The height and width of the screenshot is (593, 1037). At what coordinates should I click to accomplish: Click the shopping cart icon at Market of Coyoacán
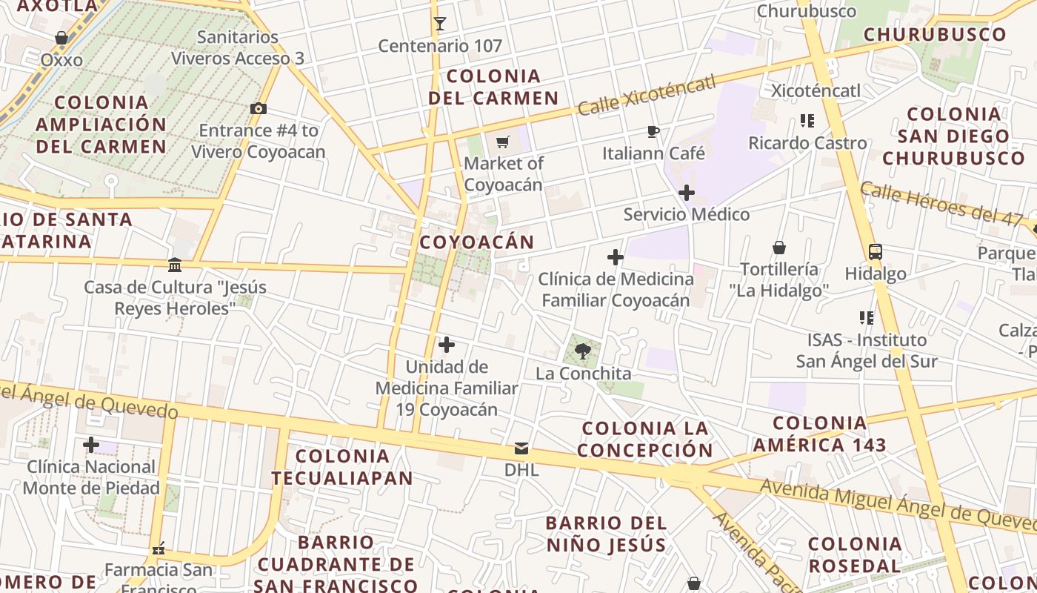click(503, 142)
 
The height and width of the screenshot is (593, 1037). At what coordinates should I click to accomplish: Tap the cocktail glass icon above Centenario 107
click(440, 24)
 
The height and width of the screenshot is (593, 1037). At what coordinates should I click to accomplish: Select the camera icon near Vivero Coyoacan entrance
click(259, 109)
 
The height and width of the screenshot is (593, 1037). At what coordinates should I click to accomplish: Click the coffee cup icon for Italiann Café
click(653, 132)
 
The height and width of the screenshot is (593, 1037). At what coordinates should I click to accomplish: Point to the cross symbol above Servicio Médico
click(687, 193)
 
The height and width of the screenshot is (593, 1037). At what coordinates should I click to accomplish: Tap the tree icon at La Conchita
click(583, 351)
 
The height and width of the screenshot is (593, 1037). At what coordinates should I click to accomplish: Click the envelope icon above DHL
click(521, 448)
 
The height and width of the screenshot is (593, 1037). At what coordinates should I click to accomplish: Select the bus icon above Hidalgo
click(876, 252)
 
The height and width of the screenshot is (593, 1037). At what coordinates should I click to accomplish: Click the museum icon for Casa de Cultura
click(175, 265)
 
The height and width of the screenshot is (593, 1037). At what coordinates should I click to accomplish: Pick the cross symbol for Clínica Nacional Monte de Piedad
click(91, 445)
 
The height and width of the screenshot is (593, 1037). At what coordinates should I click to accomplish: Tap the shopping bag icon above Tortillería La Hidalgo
click(778, 248)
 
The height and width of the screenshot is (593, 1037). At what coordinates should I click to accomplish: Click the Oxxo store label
click(61, 60)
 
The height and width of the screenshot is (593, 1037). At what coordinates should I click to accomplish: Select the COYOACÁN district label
click(477, 242)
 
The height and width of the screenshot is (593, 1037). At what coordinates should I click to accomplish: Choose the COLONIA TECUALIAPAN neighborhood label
click(341, 467)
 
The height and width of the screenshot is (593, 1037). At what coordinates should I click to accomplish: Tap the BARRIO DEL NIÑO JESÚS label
click(607, 534)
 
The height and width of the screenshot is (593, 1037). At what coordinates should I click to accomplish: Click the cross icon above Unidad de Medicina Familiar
click(447, 345)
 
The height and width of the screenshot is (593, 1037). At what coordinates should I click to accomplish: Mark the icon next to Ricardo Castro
click(807, 121)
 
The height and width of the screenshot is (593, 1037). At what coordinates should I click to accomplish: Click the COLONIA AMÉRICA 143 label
click(819, 434)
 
